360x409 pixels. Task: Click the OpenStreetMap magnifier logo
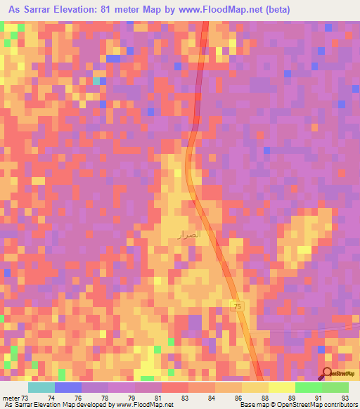(x=327, y=374)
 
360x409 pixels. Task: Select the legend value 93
(x=345, y=398)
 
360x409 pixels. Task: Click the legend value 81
(x=158, y=398)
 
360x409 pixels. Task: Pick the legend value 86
(x=238, y=398)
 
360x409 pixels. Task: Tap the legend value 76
(x=78, y=398)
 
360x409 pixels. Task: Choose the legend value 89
(x=291, y=398)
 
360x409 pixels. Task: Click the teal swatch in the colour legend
(x=41, y=387)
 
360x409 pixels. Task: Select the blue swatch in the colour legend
(x=68, y=387)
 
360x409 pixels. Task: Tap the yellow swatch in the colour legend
(x=281, y=387)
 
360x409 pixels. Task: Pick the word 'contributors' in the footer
(x=340, y=405)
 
